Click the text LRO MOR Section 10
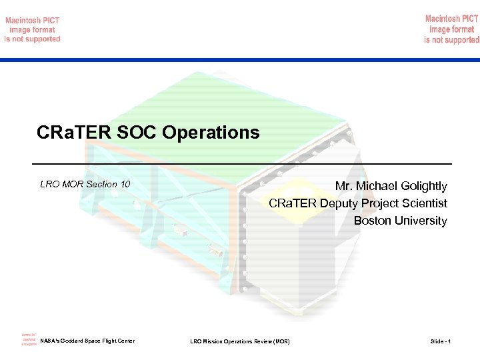click(85, 184)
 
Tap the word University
click(421, 221)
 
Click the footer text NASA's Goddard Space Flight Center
click(87, 341)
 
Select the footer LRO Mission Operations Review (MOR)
click(240, 341)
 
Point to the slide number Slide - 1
click(440, 341)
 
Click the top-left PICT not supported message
click(32, 30)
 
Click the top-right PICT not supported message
click(451, 30)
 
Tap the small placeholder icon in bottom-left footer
click(29, 339)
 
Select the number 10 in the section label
click(125, 184)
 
